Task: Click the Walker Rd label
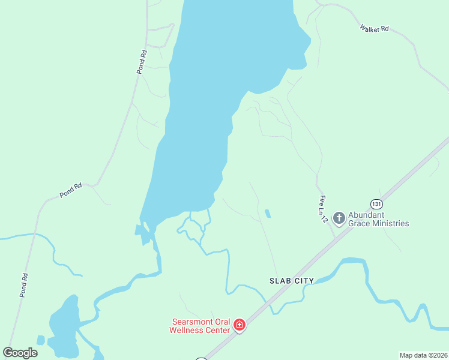[375, 28]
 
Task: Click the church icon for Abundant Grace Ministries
[339, 218]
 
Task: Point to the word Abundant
[367, 215]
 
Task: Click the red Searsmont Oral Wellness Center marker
[240, 325]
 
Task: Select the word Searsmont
[191, 322]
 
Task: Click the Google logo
[20, 353]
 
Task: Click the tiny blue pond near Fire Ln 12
[267, 213]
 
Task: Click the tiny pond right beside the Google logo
[41, 340]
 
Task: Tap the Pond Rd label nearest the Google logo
[25, 284]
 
